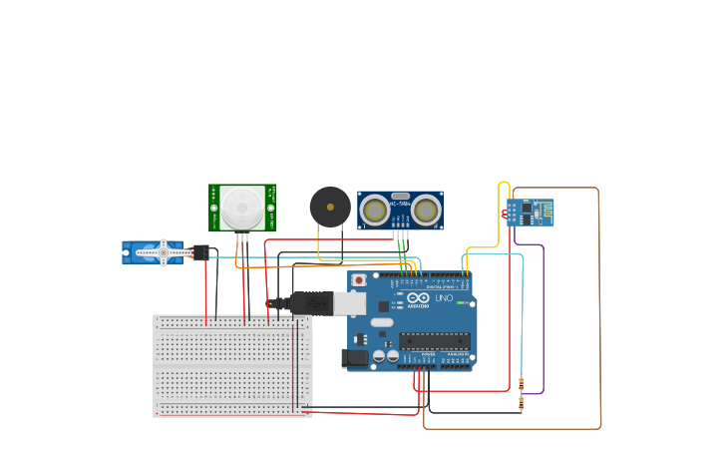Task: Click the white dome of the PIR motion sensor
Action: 242,207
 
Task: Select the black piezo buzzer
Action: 330,207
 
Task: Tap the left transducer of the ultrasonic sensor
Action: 375,211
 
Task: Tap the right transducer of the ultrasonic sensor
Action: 427,211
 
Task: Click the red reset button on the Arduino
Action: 359,280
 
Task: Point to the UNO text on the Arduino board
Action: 444,298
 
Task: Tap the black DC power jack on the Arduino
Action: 352,358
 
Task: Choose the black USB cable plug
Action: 310,301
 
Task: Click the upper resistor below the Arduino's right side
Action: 521,384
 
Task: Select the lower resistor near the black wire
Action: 521,404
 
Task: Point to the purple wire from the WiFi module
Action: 542,319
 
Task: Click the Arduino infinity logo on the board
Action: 418,298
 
